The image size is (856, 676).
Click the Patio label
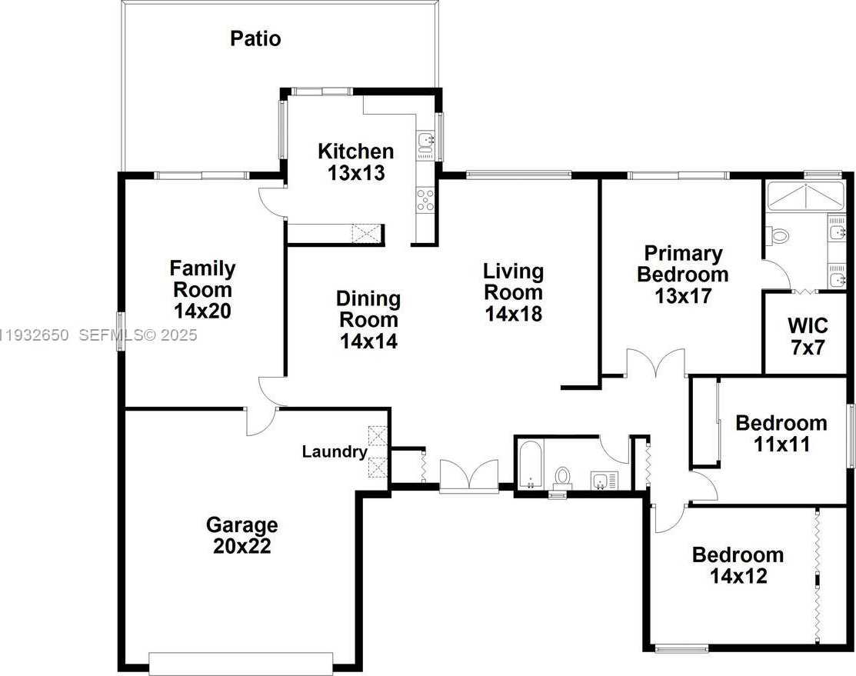(x=255, y=38)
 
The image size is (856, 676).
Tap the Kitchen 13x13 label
(x=355, y=162)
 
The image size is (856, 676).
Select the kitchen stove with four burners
(x=425, y=200)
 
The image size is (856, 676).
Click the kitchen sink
(x=425, y=142)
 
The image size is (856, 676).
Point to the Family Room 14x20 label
(x=202, y=290)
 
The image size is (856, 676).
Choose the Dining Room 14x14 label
(x=369, y=319)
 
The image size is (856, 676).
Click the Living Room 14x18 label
(x=513, y=292)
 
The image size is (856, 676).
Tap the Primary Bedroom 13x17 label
(x=682, y=275)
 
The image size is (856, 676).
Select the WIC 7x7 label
(x=807, y=335)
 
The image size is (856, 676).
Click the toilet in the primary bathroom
(x=778, y=235)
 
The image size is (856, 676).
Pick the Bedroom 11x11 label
(x=781, y=433)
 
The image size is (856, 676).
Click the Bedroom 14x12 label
(x=738, y=564)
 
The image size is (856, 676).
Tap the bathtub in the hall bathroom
(x=530, y=465)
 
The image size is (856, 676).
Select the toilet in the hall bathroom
(x=564, y=477)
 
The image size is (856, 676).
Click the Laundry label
(x=334, y=451)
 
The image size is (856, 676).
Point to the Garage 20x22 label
(x=241, y=535)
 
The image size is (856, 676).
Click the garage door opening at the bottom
(x=241, y=662)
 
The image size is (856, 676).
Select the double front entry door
(x=468, y=477)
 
